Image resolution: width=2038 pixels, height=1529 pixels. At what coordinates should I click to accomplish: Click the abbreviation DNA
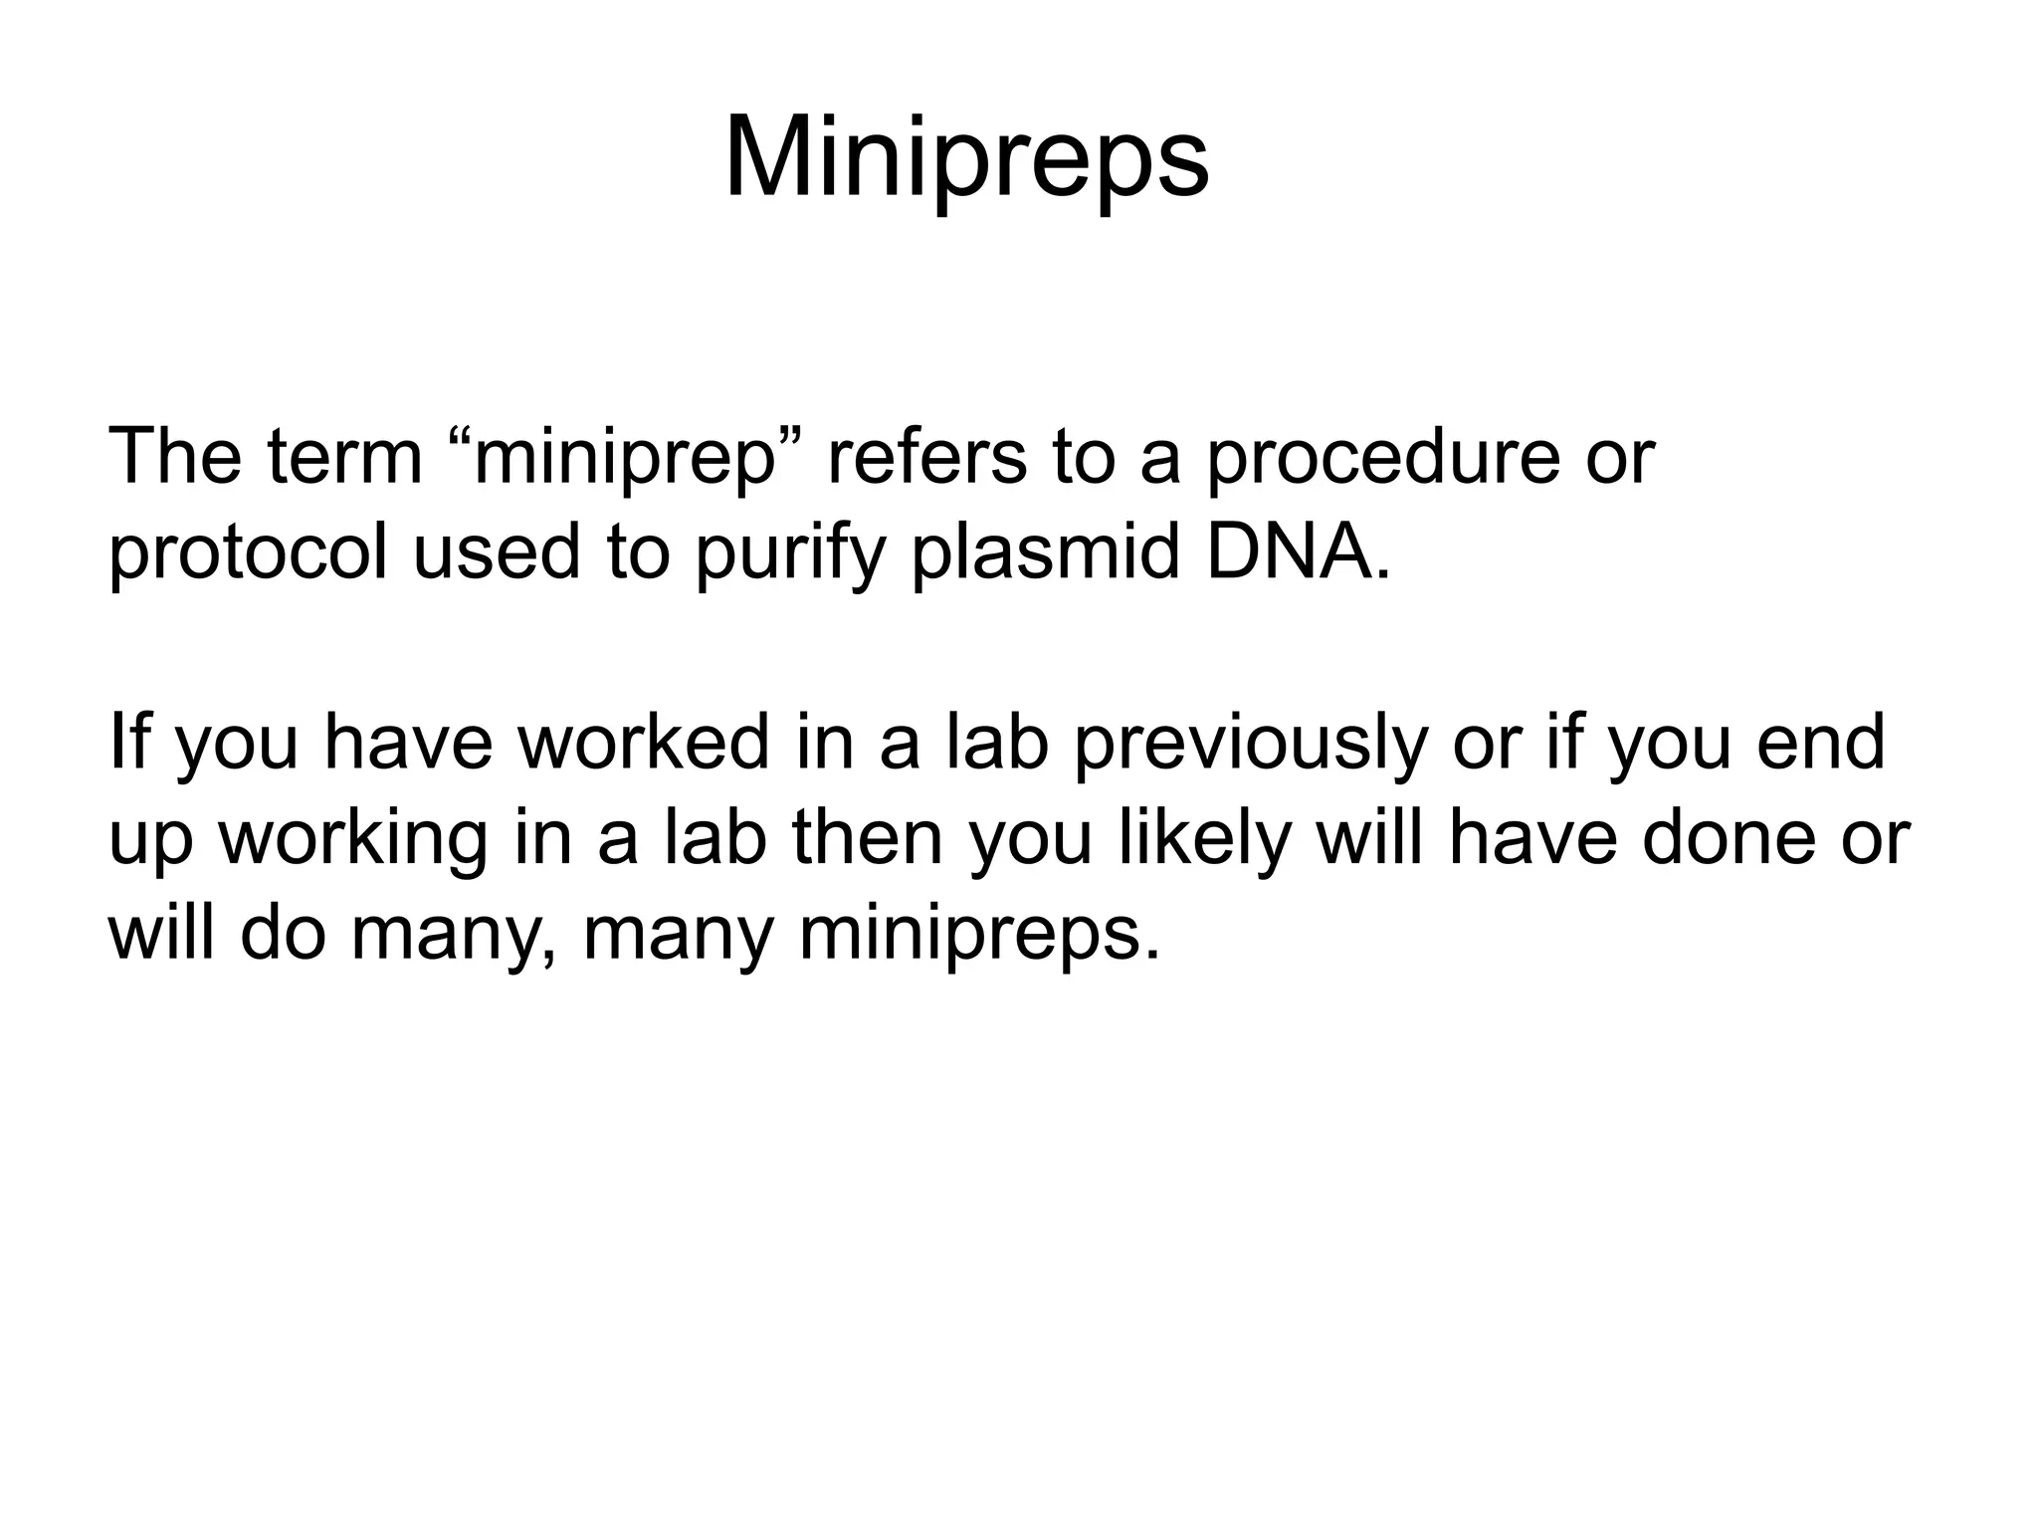(1295, 551)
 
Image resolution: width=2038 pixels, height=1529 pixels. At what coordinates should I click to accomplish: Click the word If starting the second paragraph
(127, 742)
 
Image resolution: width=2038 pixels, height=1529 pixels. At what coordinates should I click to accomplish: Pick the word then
(867, 837)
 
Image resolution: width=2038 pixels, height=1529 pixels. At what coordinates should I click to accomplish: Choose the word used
(496, 553)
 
